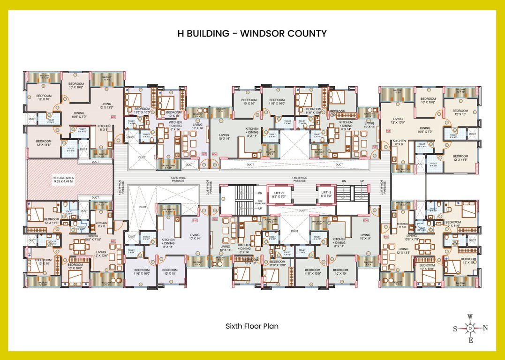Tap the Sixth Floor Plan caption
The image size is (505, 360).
coord(252,326)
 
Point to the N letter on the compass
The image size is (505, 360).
coord(485,328)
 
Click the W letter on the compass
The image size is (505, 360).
coord(470,316)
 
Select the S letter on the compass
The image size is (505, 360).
coord(455,329)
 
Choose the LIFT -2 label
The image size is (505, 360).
coord(327,193)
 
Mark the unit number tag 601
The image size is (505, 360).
coord(113,241)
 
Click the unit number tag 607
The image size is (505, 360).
coord(386,237)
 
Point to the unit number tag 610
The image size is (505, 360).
coord(195,220)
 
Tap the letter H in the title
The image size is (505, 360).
coord(181,33)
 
